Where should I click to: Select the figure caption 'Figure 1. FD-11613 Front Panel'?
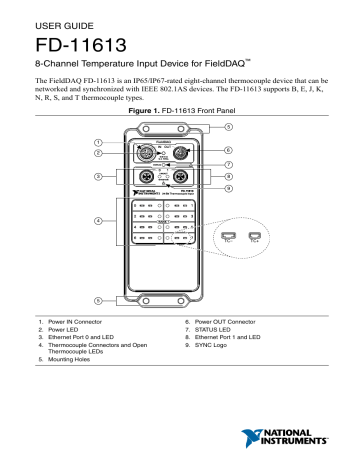click(x=180, y=117)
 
